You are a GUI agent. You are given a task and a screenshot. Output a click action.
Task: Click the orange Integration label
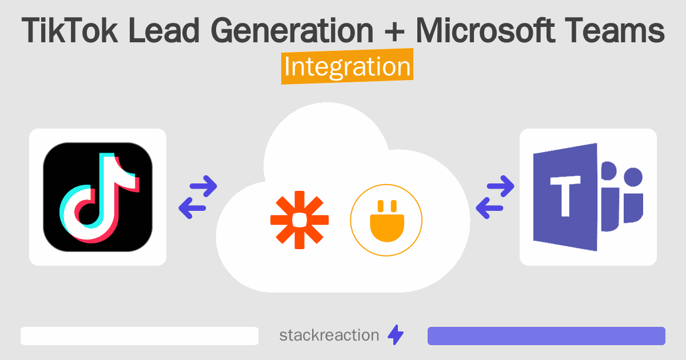pyautogui.click(x=347, y=67)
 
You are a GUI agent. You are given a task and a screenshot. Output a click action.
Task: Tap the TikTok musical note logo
pyautogui.click(x=98, y=197)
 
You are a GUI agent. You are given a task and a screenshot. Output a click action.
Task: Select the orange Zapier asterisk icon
pyautogui.click(x=300, y=221)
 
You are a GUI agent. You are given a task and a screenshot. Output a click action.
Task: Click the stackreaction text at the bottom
pyautogui.click(x=329, y=335)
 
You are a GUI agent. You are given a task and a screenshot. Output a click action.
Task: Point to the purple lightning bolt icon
pyautogui.click(x=395, y=335)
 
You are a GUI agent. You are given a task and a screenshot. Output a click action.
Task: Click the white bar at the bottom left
pyautogui.click(x=139, y=336)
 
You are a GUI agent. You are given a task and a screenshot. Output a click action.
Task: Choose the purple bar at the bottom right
pyautogui.click(x=546, y=336)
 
